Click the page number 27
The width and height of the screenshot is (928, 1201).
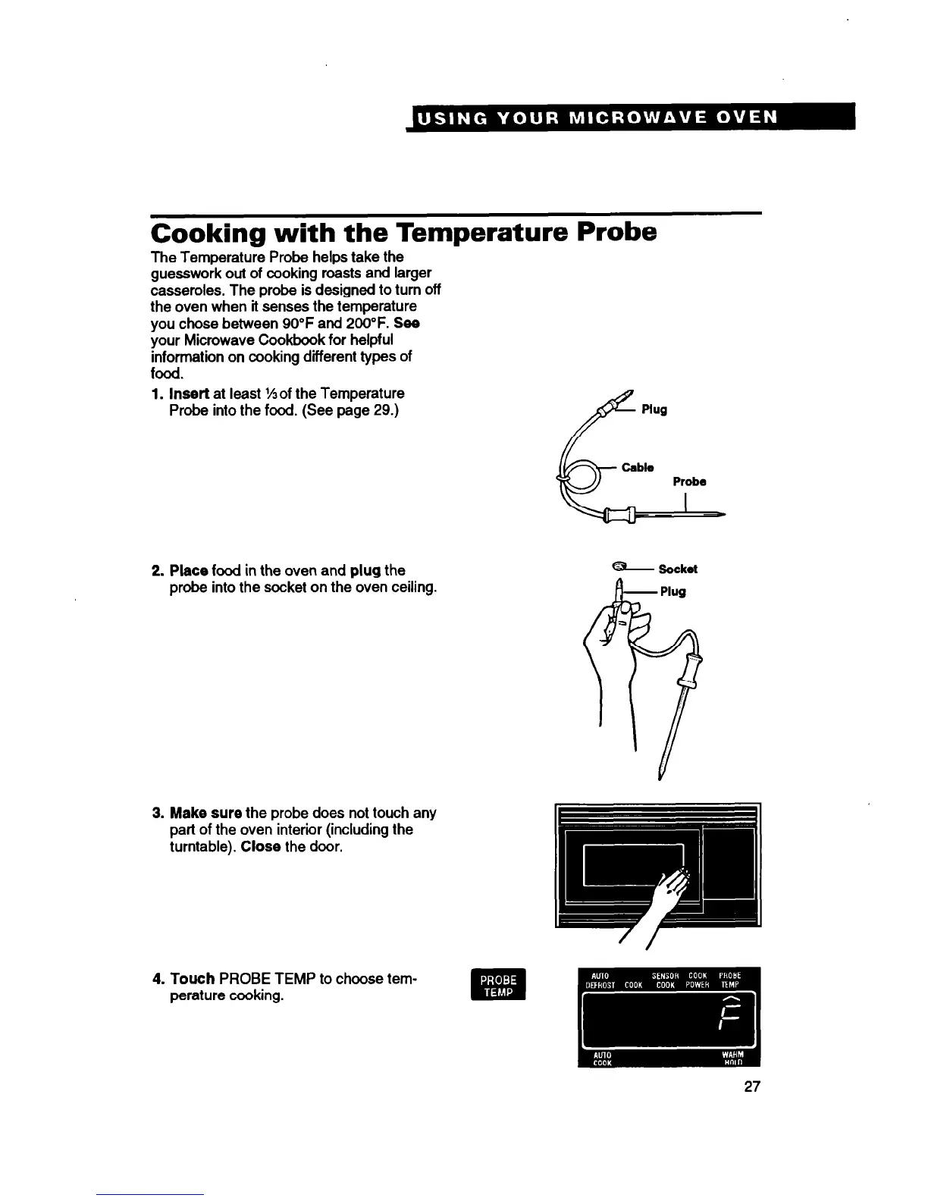751,1087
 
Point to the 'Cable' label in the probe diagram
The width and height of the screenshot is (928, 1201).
638,467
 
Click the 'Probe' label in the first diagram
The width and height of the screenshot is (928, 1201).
689,481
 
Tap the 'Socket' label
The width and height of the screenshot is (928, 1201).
678,569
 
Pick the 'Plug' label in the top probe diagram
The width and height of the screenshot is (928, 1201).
654,409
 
